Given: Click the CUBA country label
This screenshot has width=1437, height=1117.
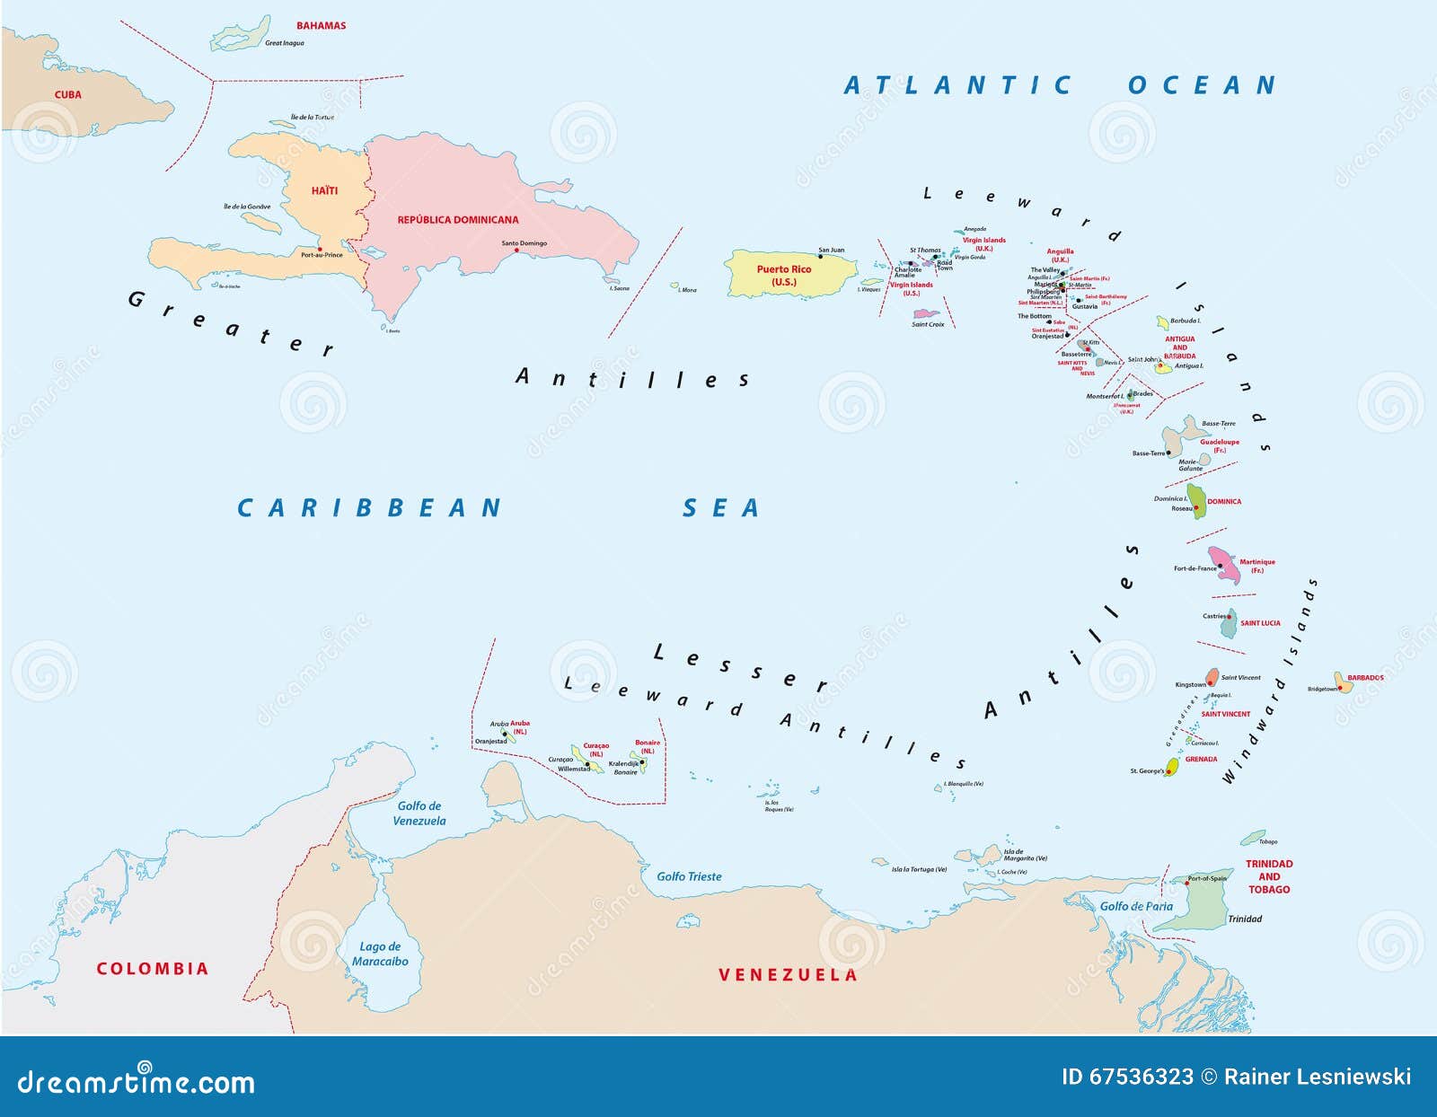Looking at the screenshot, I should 67,94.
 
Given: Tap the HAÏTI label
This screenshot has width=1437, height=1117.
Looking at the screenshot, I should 324,190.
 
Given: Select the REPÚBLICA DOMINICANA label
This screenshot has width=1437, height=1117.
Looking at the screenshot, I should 457,220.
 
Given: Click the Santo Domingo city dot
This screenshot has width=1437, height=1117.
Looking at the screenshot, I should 516,251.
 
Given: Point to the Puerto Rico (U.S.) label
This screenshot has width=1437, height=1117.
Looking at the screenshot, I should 783,275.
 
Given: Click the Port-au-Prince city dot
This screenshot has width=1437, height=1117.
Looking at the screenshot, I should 320,249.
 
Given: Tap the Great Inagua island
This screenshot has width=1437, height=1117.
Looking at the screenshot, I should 239,34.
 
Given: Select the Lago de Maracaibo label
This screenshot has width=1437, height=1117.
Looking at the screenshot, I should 379,954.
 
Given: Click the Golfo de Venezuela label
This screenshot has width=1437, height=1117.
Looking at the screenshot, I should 419,814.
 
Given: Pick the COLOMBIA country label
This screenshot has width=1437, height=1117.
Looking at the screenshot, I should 152,969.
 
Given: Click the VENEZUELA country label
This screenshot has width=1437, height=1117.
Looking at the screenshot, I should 788,975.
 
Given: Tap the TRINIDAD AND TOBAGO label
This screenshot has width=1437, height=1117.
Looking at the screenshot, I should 1268,876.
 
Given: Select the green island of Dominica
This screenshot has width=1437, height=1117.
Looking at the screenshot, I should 1196,500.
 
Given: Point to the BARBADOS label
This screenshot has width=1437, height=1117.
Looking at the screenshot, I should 1365,678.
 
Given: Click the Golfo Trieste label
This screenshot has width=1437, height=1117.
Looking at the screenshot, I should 689,876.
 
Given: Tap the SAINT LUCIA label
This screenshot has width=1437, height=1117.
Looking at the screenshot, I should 1260,623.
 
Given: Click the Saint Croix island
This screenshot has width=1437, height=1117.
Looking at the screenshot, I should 926,314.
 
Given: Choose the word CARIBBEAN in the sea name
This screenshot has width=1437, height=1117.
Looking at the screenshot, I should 369,508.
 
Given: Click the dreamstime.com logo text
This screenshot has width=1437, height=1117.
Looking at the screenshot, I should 136,1083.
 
